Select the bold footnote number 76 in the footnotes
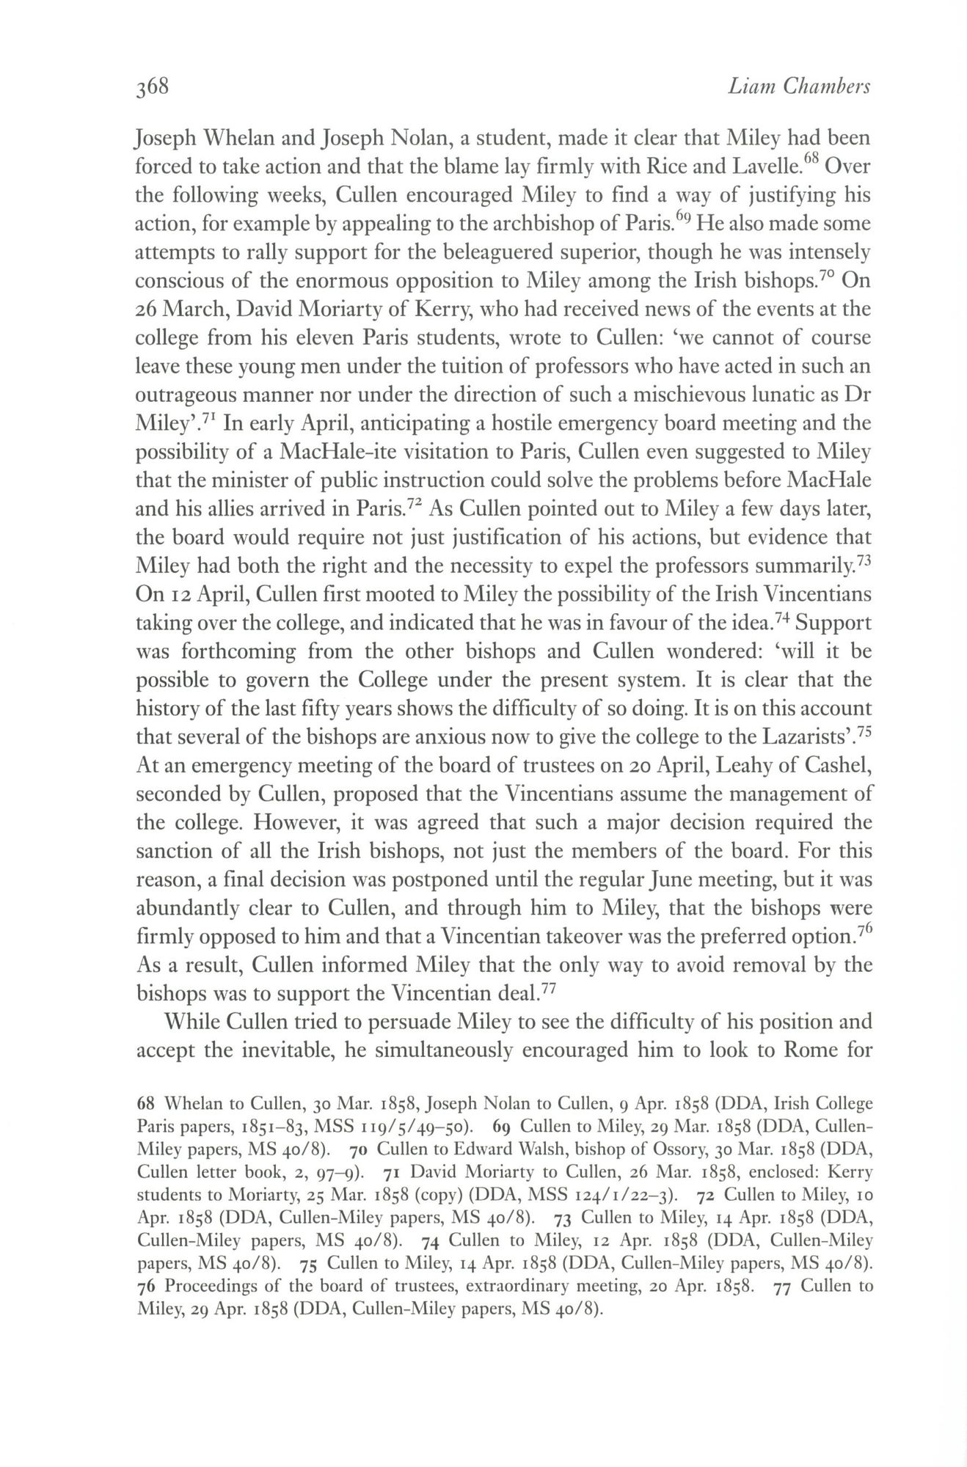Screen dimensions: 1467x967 tap(146, 1286)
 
